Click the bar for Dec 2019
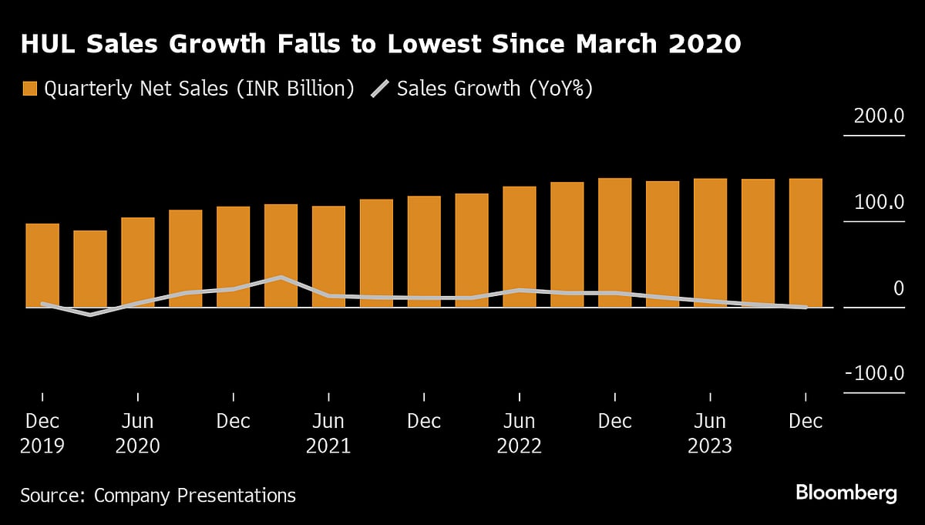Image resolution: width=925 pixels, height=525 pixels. pyautogui.click(x=42, y=265)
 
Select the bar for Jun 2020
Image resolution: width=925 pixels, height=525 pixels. pyautogui.click(x=138, y=262)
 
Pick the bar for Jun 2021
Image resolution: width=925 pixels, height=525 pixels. pyautogui.click(x=328, y=256)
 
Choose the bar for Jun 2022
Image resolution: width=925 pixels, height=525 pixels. pyautogui.click(x=520, y=247)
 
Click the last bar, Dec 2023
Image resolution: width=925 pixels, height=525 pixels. pyautogui.click(x=806, y=243)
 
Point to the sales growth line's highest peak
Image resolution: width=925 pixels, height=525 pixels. pyautogui.click(x=281, y=278)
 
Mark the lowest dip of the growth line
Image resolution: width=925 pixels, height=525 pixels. pyautogui.click(x=90, y=315)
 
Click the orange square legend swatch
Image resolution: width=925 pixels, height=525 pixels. pyautogui.click(x=29, y=89)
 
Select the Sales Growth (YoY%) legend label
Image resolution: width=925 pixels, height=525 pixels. pyautogui.click(x=494, y=89)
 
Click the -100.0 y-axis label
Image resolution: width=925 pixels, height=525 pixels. pyautogui.click(x=873, y=374)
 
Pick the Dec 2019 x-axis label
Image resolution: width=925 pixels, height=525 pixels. pyautogui.click(x=42, y=433)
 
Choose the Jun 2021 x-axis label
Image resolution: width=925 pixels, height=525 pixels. pyautogui.click(x=328, y=433)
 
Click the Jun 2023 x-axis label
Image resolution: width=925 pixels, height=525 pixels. pyautogui.click(x=710, y=433)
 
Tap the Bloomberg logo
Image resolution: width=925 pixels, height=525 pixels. pyautogui.click(x=846, y=493)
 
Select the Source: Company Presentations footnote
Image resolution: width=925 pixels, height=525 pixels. pyautogui.click(x=158, y=495)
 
